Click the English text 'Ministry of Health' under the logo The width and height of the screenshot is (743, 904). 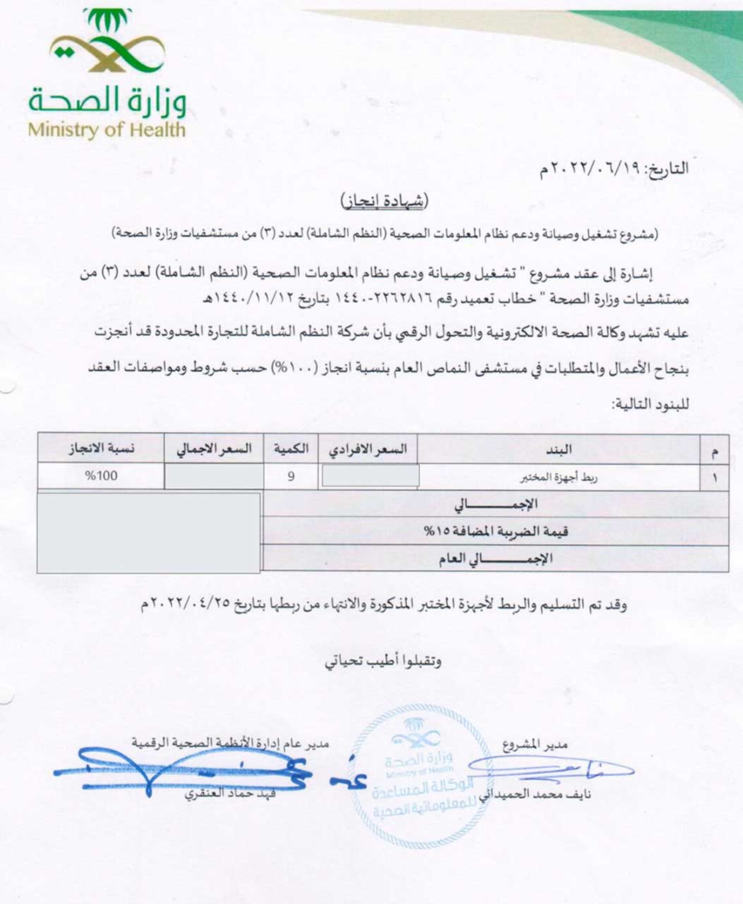pyautogui.click(x=107, y=130)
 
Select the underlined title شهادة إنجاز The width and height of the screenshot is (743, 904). pyautogui.click(x=384, y=202)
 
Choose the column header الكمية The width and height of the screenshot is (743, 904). pyautogui.click(x=291, y=449)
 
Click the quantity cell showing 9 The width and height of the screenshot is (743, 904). pyautogui.click(x=291, y=476)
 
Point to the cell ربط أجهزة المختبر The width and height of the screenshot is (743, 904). pyautogui.click(x=559, y=477)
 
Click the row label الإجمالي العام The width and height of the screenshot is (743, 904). pyautogui.click(x=500, y=558)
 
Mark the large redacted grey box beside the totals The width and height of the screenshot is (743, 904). pyautogui.click(x=149, y=532)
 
